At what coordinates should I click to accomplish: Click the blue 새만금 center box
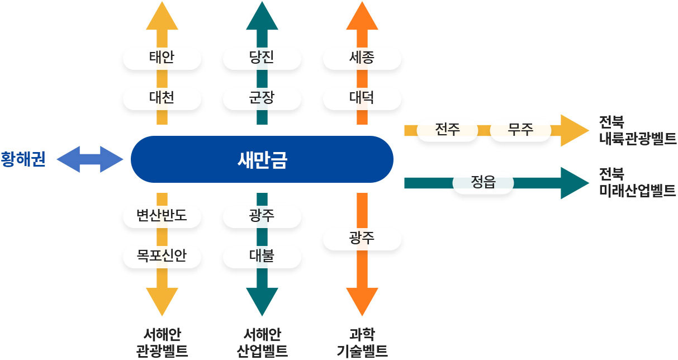262,159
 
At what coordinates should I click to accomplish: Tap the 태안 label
162,57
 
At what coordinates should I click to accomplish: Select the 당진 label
262,57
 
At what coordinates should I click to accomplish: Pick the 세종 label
362,57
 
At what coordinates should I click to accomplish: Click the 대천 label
162,97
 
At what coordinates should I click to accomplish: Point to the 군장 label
262,97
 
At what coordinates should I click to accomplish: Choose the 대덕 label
362,97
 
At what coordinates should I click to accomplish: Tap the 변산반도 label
162,215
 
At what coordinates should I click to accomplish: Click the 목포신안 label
162,255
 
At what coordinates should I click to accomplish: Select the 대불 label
262,255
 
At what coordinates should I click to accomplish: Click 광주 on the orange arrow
362,238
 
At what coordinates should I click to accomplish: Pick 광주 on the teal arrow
262,215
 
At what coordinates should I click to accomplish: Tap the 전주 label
447,130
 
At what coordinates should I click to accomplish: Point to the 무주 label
520,130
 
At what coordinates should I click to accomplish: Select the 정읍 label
483,182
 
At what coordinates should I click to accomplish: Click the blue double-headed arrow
90,159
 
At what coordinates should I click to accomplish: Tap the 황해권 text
23,159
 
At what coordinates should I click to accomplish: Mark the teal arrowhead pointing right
574,183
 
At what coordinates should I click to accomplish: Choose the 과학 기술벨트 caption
362,343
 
